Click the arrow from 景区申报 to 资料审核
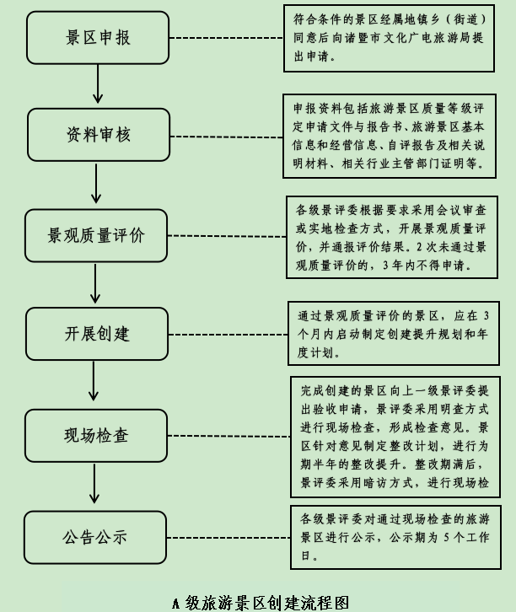click(x=100, y=85)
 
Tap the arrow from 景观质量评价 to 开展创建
click(x=95, y=283)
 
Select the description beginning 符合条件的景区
click(x=388, y=38)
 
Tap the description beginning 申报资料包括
click(x=388, y=136)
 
